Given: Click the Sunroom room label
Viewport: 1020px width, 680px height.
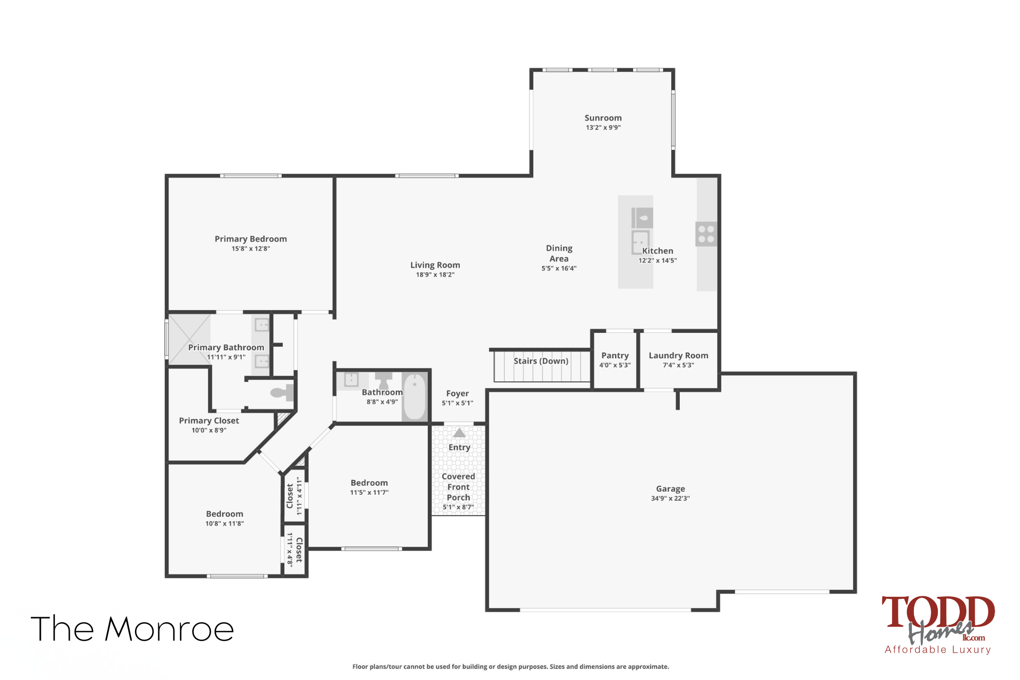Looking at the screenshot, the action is (x=603, y=118).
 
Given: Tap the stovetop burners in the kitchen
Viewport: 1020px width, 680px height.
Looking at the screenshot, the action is (x=706, y=234).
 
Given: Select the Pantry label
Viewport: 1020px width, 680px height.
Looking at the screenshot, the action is (x=615, y=356).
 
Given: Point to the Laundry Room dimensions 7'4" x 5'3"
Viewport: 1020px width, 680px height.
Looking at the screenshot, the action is (x=678, y=365).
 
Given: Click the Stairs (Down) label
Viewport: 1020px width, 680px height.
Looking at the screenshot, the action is (x=541, y=361).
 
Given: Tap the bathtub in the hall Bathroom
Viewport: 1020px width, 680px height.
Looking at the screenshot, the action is (x=414, y=397).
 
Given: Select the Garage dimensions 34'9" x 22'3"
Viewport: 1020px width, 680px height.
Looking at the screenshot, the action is (x=670, y=498).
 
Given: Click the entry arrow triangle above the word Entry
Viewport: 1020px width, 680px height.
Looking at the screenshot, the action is (x=459, y=433).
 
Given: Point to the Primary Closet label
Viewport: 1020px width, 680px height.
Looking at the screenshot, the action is (x=209, y=420).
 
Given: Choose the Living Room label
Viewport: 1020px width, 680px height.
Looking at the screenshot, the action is (x=435, y=265).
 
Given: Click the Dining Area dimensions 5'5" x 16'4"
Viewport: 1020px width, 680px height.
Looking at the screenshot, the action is (x=559, y=269).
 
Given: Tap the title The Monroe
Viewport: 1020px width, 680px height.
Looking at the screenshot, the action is (x=132, y=629).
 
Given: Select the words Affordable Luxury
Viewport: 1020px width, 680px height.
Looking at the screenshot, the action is (x=938, y=650).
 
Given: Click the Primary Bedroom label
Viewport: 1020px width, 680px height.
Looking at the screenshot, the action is (x=251, y=239).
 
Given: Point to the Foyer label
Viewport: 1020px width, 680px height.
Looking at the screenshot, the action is (x=458, y=394).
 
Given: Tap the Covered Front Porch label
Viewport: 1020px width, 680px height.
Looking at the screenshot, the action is (x=458, y=487).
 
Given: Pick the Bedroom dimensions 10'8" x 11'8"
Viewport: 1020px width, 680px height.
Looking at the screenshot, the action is (x=225, y=524).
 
